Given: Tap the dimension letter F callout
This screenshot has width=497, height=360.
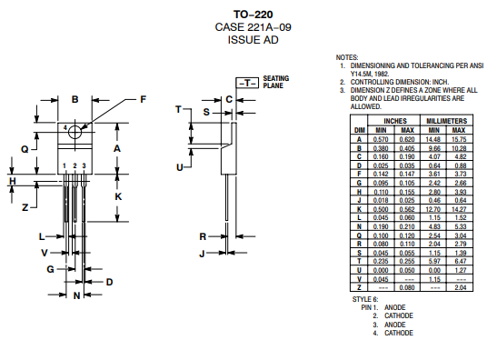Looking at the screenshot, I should (142, 99).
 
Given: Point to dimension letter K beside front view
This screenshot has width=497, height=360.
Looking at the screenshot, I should (118, 196).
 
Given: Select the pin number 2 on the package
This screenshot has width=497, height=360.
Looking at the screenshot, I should (75, 165).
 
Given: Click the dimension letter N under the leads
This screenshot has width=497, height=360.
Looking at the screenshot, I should (77, 295).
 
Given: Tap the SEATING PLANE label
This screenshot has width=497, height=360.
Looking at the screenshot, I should (276, 82).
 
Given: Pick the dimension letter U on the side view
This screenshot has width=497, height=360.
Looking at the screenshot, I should (180, 167).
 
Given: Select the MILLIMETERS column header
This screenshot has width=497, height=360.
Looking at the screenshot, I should (447, 120).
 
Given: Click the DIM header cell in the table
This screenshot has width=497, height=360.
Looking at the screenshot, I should (359, 130).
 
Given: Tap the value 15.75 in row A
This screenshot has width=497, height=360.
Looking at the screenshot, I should (459, 139).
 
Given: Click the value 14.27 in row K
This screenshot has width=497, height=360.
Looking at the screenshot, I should (459, 209).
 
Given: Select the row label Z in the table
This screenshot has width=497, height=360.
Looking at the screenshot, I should (359, 287).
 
